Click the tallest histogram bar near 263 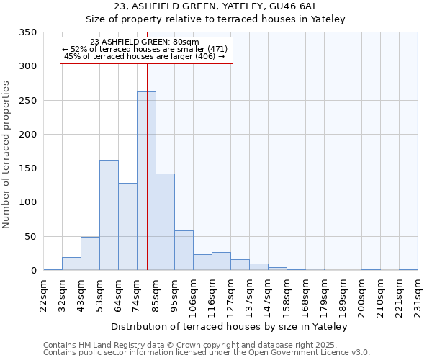(146, 181)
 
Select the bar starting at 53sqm (109, 215)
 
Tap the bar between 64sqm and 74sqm (127, 227)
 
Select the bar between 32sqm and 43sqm (71, 264)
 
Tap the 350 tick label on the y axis (27, 32)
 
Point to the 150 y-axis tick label (27, 168)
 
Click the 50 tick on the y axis (30, 237)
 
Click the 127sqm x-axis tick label (230, 297)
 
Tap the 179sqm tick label (324, 297)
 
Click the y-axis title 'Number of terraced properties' (6, 155)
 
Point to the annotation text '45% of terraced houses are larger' (145, 56)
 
